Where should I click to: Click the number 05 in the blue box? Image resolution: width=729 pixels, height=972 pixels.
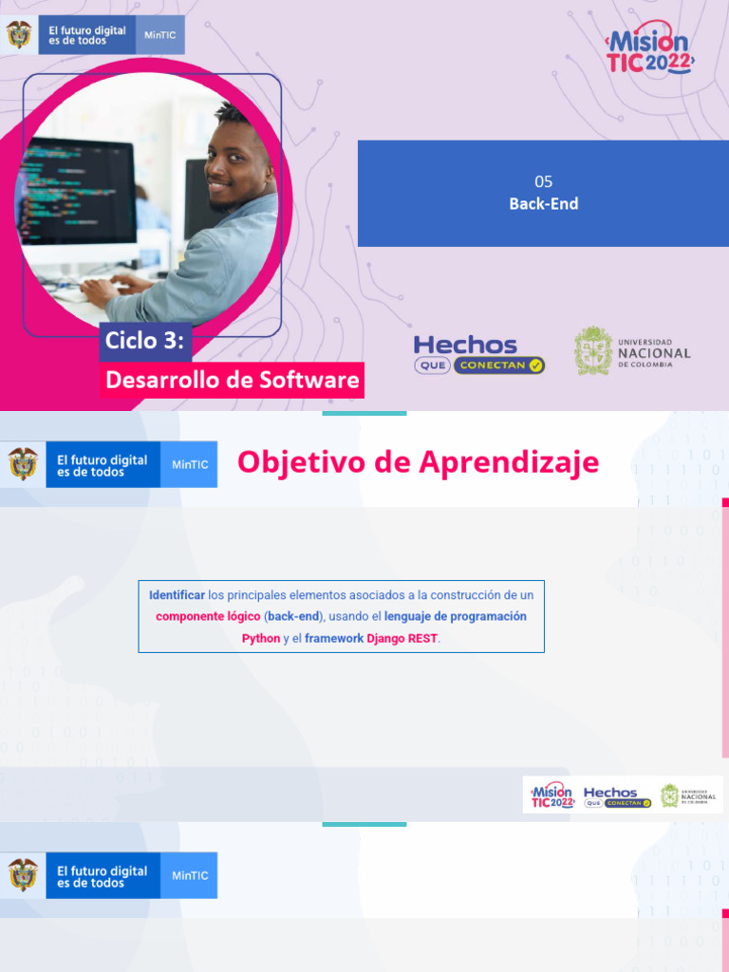pyautogui.click(x=543, y=181)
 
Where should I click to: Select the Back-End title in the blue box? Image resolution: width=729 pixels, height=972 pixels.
pyautogui.click(x=543, y=203)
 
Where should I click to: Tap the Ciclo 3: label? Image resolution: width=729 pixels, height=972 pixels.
pyautogui.click(x=144, y=341)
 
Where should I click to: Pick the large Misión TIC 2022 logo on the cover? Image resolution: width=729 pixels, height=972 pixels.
pyautogui.click(x=650, y=48)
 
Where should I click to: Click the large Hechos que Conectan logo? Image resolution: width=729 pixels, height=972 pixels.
pyautogui.click(x=479, y=353)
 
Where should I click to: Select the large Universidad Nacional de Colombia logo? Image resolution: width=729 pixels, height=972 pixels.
pyautogui.click(x=632, y=350)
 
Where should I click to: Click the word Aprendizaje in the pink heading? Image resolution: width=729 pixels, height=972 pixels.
pyautogui.click(x=509, y=462)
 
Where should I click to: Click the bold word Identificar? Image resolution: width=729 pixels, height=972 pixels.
pyautogui.click(x=177, y=595)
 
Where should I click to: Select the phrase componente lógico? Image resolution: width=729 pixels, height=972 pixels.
pyautogui.click(x=208, y=616)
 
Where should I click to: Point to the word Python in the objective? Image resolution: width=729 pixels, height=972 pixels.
pyautogui.click(x=261, y=638)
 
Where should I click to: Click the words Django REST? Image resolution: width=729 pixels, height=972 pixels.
pyautogui.click(x=402, y=638)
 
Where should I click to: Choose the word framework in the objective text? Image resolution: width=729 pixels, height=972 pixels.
pyautogui.click(x=334, y=638)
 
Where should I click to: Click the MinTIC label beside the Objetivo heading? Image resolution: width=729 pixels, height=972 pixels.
pyautogui.click(x=190, y=465)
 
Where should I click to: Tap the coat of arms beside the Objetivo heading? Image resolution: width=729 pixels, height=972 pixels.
pyautogui.click(x=23, y=464)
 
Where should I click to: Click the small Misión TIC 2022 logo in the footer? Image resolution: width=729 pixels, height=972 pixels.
pyautogui.click(x=551, y=794)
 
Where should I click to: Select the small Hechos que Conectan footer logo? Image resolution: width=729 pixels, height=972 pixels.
pyautogui.click(x=617, y=795)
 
